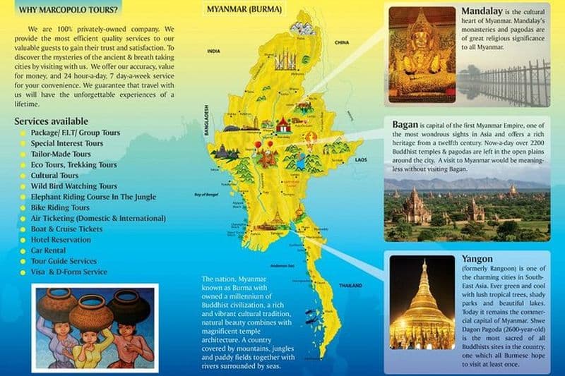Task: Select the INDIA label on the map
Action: click(x=213, y=51)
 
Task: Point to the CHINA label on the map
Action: click(x=343, y=42)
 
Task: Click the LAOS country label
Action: click(x=362, y=160)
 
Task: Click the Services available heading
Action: click(x=51, y=121)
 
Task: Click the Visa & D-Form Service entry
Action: click(x=69, y=272)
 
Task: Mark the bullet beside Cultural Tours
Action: click(x=23, y=176)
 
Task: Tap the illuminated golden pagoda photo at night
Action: click(x=422, y=303)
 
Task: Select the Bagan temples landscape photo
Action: click(x=467, y=209)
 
